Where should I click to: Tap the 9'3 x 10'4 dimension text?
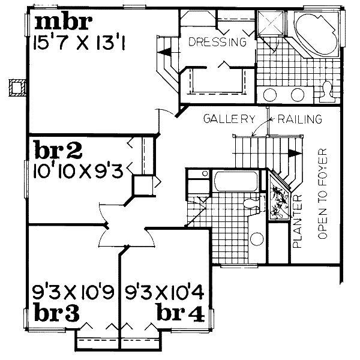[x=167, y=293]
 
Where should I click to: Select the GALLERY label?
[x=224, y=119]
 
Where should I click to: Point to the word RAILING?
[x=298, y=119]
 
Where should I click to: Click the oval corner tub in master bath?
[x=314, y=35]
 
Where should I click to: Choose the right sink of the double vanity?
[x=298, y=95]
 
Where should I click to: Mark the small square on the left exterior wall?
[x=16, y=86]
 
